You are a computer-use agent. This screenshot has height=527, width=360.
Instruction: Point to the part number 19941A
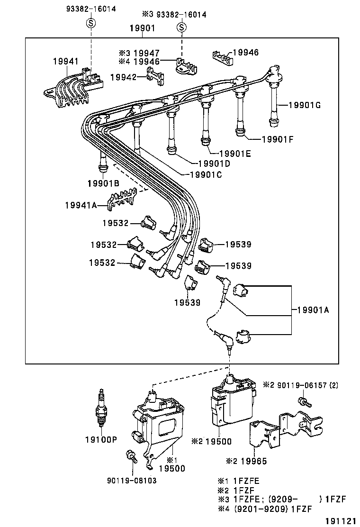(81, 205)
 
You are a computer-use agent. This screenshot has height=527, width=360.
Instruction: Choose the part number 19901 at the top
(142, 28)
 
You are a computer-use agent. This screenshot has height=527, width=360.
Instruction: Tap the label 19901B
(103, 183)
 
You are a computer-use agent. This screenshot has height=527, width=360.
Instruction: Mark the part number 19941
(66, 61)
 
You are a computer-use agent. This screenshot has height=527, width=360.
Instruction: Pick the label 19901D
(214, 164)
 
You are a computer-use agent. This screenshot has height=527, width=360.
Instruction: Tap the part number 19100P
(101, 439)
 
